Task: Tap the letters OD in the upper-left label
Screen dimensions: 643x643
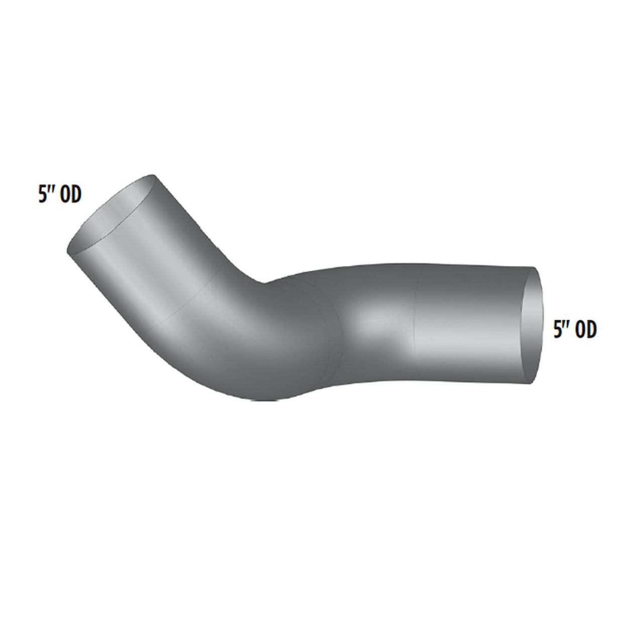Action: coord(70,195)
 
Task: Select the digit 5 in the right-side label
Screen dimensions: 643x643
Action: coord(558,331)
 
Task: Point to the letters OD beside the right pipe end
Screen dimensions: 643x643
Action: coord(586,331)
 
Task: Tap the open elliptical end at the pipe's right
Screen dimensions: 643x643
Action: coord(532,326)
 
